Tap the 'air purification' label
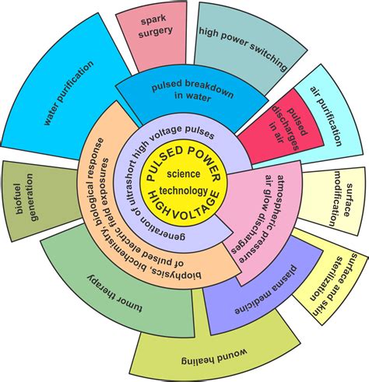point(326,116)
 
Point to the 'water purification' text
point(69,93)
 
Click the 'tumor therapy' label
point(114,293)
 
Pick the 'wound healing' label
point(214,357)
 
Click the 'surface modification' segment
point(333,199)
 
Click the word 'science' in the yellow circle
point(184,173)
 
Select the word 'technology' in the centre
point(184,191)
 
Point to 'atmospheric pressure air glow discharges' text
point(260,218)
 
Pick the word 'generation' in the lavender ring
point(160,229)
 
